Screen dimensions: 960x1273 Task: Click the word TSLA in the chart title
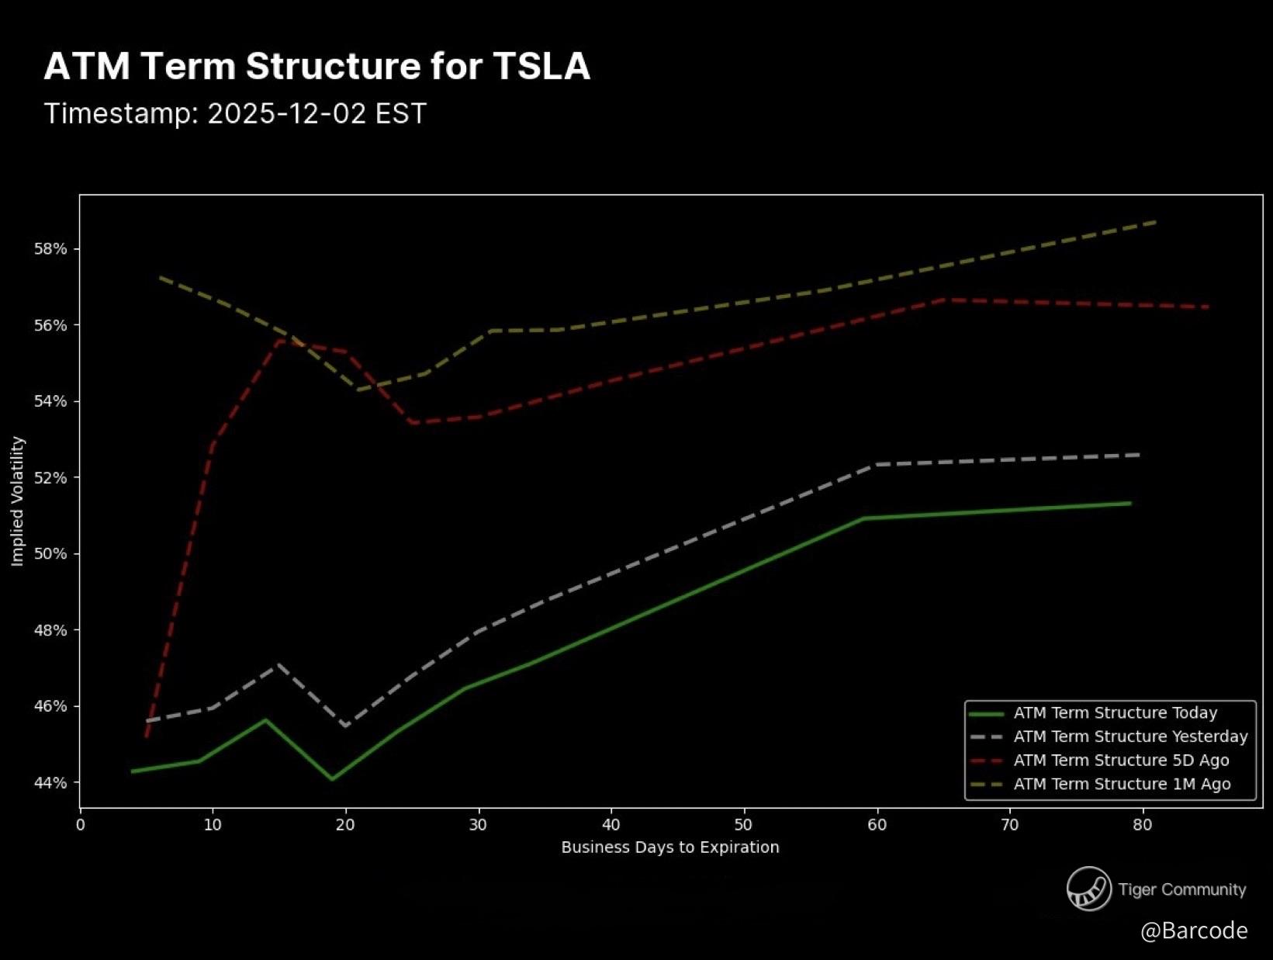tap(541, 67)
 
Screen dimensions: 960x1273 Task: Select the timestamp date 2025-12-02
tap(286, 114)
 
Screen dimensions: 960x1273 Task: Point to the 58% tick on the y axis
tap(50, 249)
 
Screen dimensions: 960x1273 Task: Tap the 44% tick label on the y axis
tap(50, 783)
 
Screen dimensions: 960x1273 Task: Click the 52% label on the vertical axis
tap(50, 478)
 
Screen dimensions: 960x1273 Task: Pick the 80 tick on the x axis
tap(1142, 825)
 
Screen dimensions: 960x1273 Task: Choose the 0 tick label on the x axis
tap(81, 825)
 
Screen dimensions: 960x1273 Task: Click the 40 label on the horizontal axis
tap(611, 825)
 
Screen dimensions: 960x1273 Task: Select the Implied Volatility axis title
tap(18, 501)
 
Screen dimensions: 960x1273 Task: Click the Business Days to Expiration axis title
tap(670, 847)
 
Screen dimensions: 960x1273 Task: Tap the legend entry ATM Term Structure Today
tap(1115, 713)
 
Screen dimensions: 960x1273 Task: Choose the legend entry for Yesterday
tap(1130, 736)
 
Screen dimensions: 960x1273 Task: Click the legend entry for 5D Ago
tap(1121, 761)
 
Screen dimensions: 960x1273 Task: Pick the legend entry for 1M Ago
tap(1122, 785)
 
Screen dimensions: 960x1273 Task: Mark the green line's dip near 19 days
tap(332, 779)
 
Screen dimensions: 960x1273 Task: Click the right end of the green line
tap(1130, 504)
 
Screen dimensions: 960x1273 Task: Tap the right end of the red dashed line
tap(1208, 307)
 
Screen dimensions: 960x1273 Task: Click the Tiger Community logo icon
tap(1089, 889)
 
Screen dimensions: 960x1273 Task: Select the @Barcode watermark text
tap(1194, 931)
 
